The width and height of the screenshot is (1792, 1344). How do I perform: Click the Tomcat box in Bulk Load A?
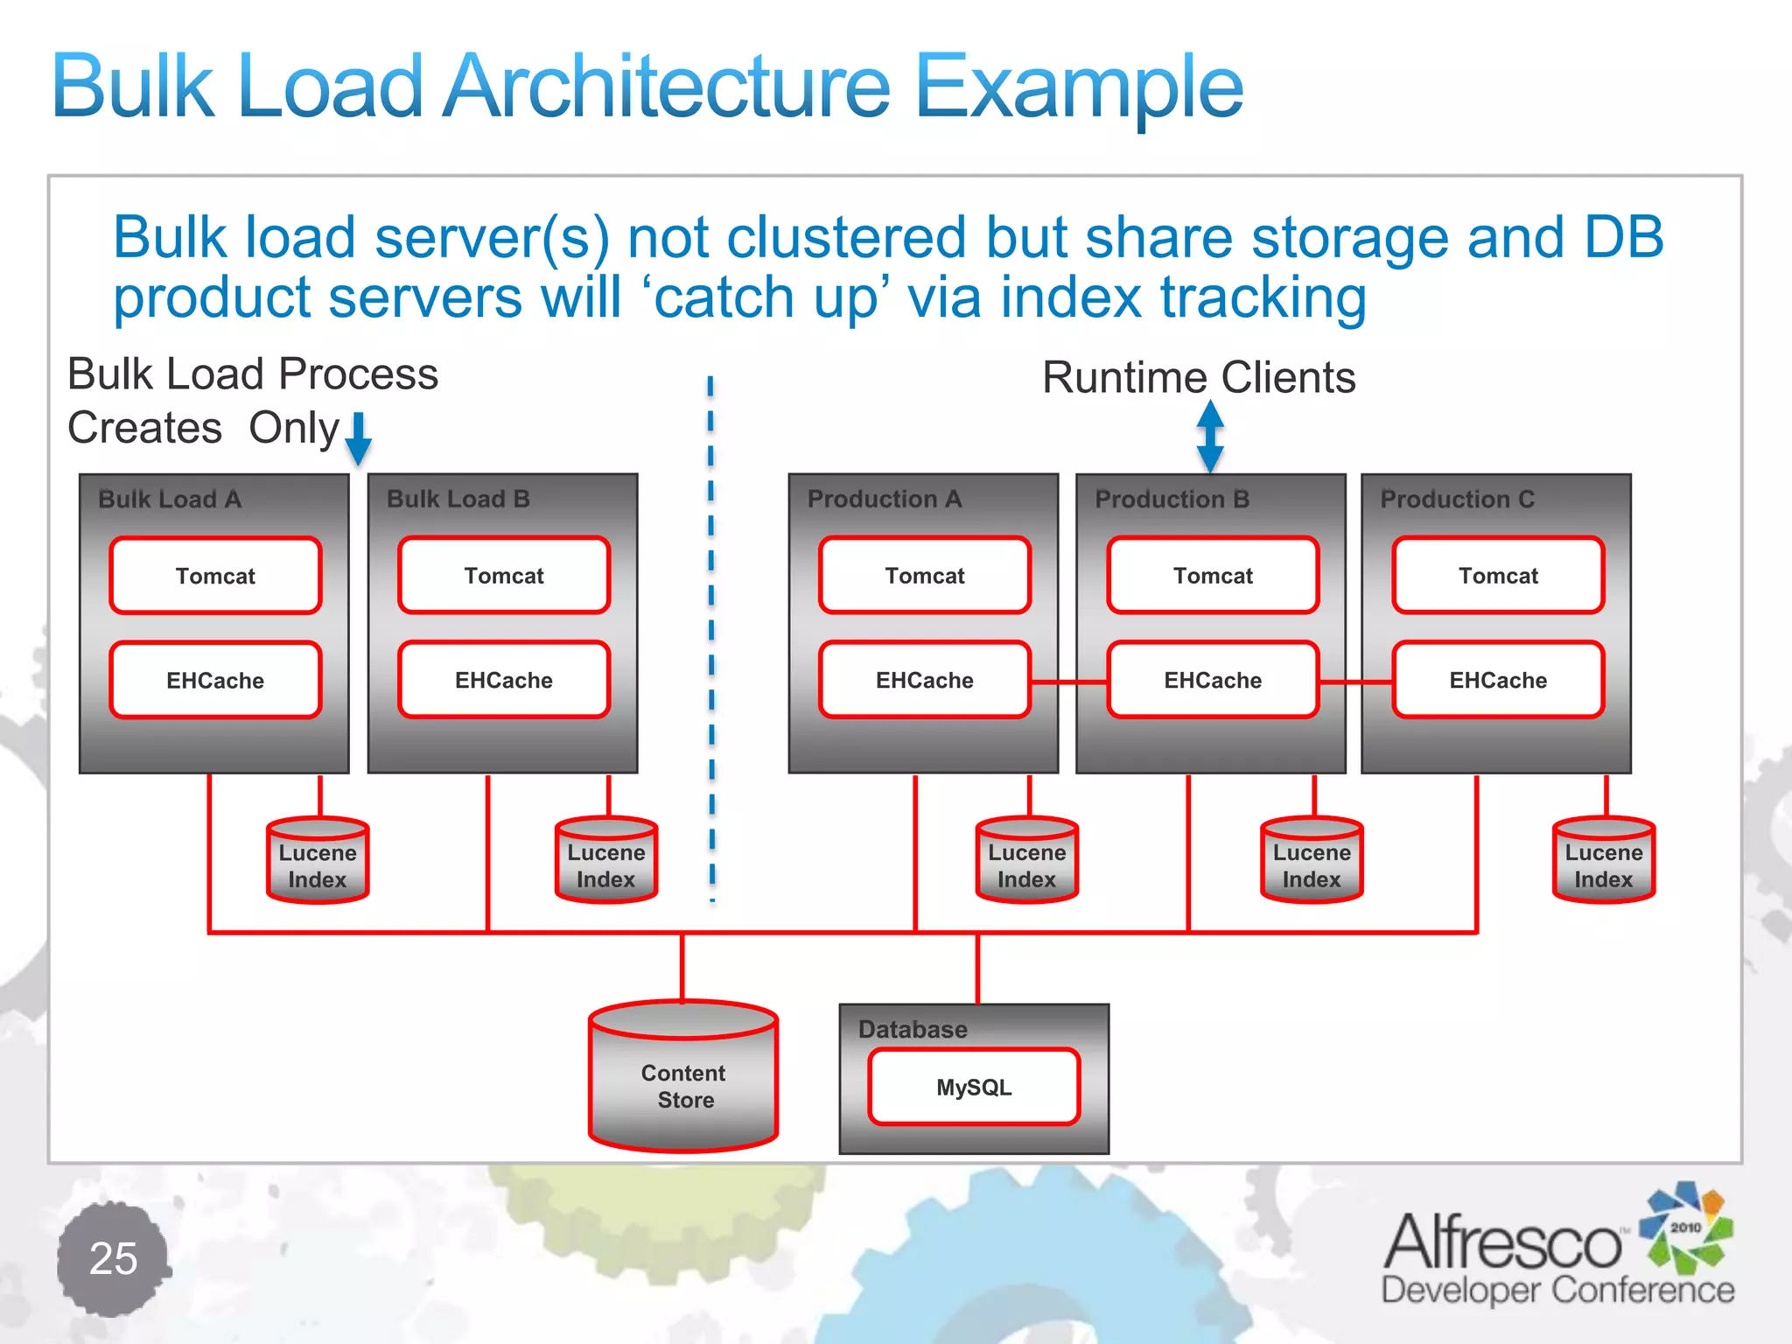(215, 576)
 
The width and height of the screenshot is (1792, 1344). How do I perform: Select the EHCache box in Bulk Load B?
(503, 680)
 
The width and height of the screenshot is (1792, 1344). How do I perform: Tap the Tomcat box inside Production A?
(924, 576)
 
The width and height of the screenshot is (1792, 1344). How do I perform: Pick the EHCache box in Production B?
(1212, 680)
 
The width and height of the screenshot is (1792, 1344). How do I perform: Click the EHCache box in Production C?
(1497, 680)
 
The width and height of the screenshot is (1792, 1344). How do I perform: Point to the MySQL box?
(973, 1087)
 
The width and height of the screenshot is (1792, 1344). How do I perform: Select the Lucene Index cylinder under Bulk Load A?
(318, 862)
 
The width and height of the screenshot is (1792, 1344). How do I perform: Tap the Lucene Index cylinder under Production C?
(1603, 862)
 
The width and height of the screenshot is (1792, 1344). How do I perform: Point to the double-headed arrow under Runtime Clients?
(1210, 437)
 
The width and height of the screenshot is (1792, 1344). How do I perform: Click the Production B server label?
(1172, 499)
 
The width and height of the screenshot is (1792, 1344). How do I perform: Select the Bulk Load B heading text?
(458, 499)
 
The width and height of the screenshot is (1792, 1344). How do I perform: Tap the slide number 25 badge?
(113, 1258)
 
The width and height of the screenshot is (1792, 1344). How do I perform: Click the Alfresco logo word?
(1502, 1242)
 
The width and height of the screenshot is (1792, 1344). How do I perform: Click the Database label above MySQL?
(912, 1029)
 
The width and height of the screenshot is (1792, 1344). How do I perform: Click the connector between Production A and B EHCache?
(1069, 682)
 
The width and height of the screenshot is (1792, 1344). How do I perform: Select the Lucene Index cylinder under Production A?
(1026, 862)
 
